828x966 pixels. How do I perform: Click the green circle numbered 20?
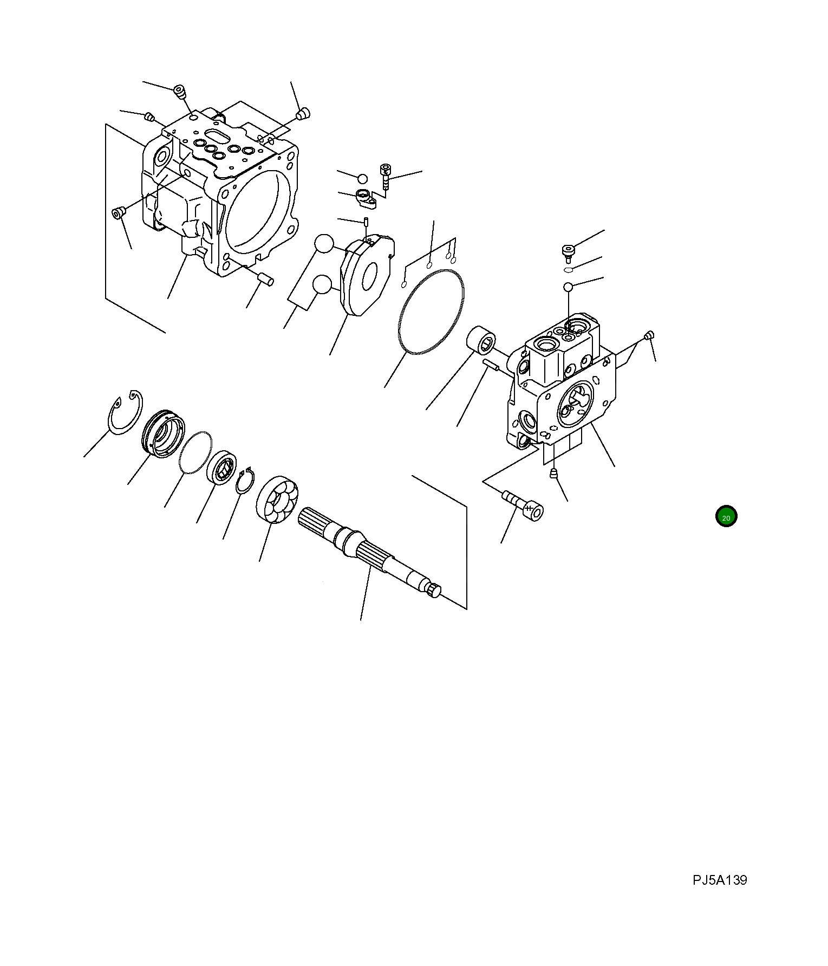(x=726, y=517)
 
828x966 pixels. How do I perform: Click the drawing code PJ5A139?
(x=720, y=880)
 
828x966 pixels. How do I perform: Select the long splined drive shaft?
(x=369, y=553)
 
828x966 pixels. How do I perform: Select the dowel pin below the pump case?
(x=265, y=279)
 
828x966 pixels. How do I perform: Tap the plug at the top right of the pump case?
(x=303, y=114)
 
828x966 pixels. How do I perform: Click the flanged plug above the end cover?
(x=567, y=252)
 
